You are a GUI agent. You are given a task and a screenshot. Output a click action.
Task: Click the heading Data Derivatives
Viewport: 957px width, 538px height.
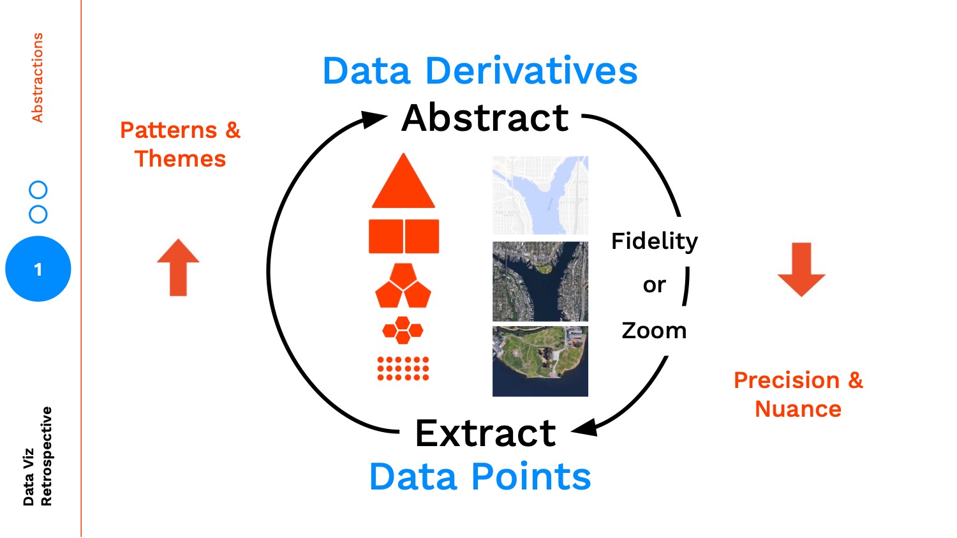click(x=480, y=71)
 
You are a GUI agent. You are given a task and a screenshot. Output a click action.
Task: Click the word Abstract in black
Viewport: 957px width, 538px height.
click(x=485, y=118)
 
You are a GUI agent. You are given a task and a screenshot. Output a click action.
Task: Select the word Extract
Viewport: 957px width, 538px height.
click(x=486, y=433)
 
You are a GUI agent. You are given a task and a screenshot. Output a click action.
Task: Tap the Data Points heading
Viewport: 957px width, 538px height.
click(x=480, y=477)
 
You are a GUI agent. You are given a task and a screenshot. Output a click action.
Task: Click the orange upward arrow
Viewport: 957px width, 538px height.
click(x=179, y=267)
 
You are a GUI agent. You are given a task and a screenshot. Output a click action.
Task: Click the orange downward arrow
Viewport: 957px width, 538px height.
click(x=801, y=269)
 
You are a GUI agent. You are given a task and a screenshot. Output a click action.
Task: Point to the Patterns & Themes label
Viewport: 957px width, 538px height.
click(x=180, y=144)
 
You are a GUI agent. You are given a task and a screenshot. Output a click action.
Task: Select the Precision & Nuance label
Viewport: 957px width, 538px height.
click(x=798, y=394)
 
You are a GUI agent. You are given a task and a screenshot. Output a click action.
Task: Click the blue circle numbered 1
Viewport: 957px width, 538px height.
click(x=38, y=269)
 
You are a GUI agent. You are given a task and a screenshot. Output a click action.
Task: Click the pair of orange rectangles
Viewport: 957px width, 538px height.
click(x=404, y=236)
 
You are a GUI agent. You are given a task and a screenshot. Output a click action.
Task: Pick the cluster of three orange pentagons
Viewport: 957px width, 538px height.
click(x=403, y=286)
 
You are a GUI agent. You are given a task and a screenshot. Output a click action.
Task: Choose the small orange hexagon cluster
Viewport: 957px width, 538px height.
click(x=403, y=330)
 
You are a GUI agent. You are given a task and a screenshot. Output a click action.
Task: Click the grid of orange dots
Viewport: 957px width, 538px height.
click(x=403, y=368)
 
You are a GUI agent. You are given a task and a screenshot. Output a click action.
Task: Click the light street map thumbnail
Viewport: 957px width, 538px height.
click(x=540, y=195)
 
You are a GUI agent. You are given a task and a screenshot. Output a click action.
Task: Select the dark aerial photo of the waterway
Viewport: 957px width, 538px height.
click(x=540, y=281)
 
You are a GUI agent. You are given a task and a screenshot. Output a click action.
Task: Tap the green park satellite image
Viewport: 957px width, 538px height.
click(x=540, y=361)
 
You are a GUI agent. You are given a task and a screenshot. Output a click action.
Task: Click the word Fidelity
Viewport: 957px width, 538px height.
click(x=655, y=241)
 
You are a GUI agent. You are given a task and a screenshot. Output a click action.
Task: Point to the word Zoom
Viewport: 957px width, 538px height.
click(x=654, y=331)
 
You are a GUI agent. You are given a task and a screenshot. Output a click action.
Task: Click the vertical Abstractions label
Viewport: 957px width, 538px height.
click(x=38, y=78)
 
